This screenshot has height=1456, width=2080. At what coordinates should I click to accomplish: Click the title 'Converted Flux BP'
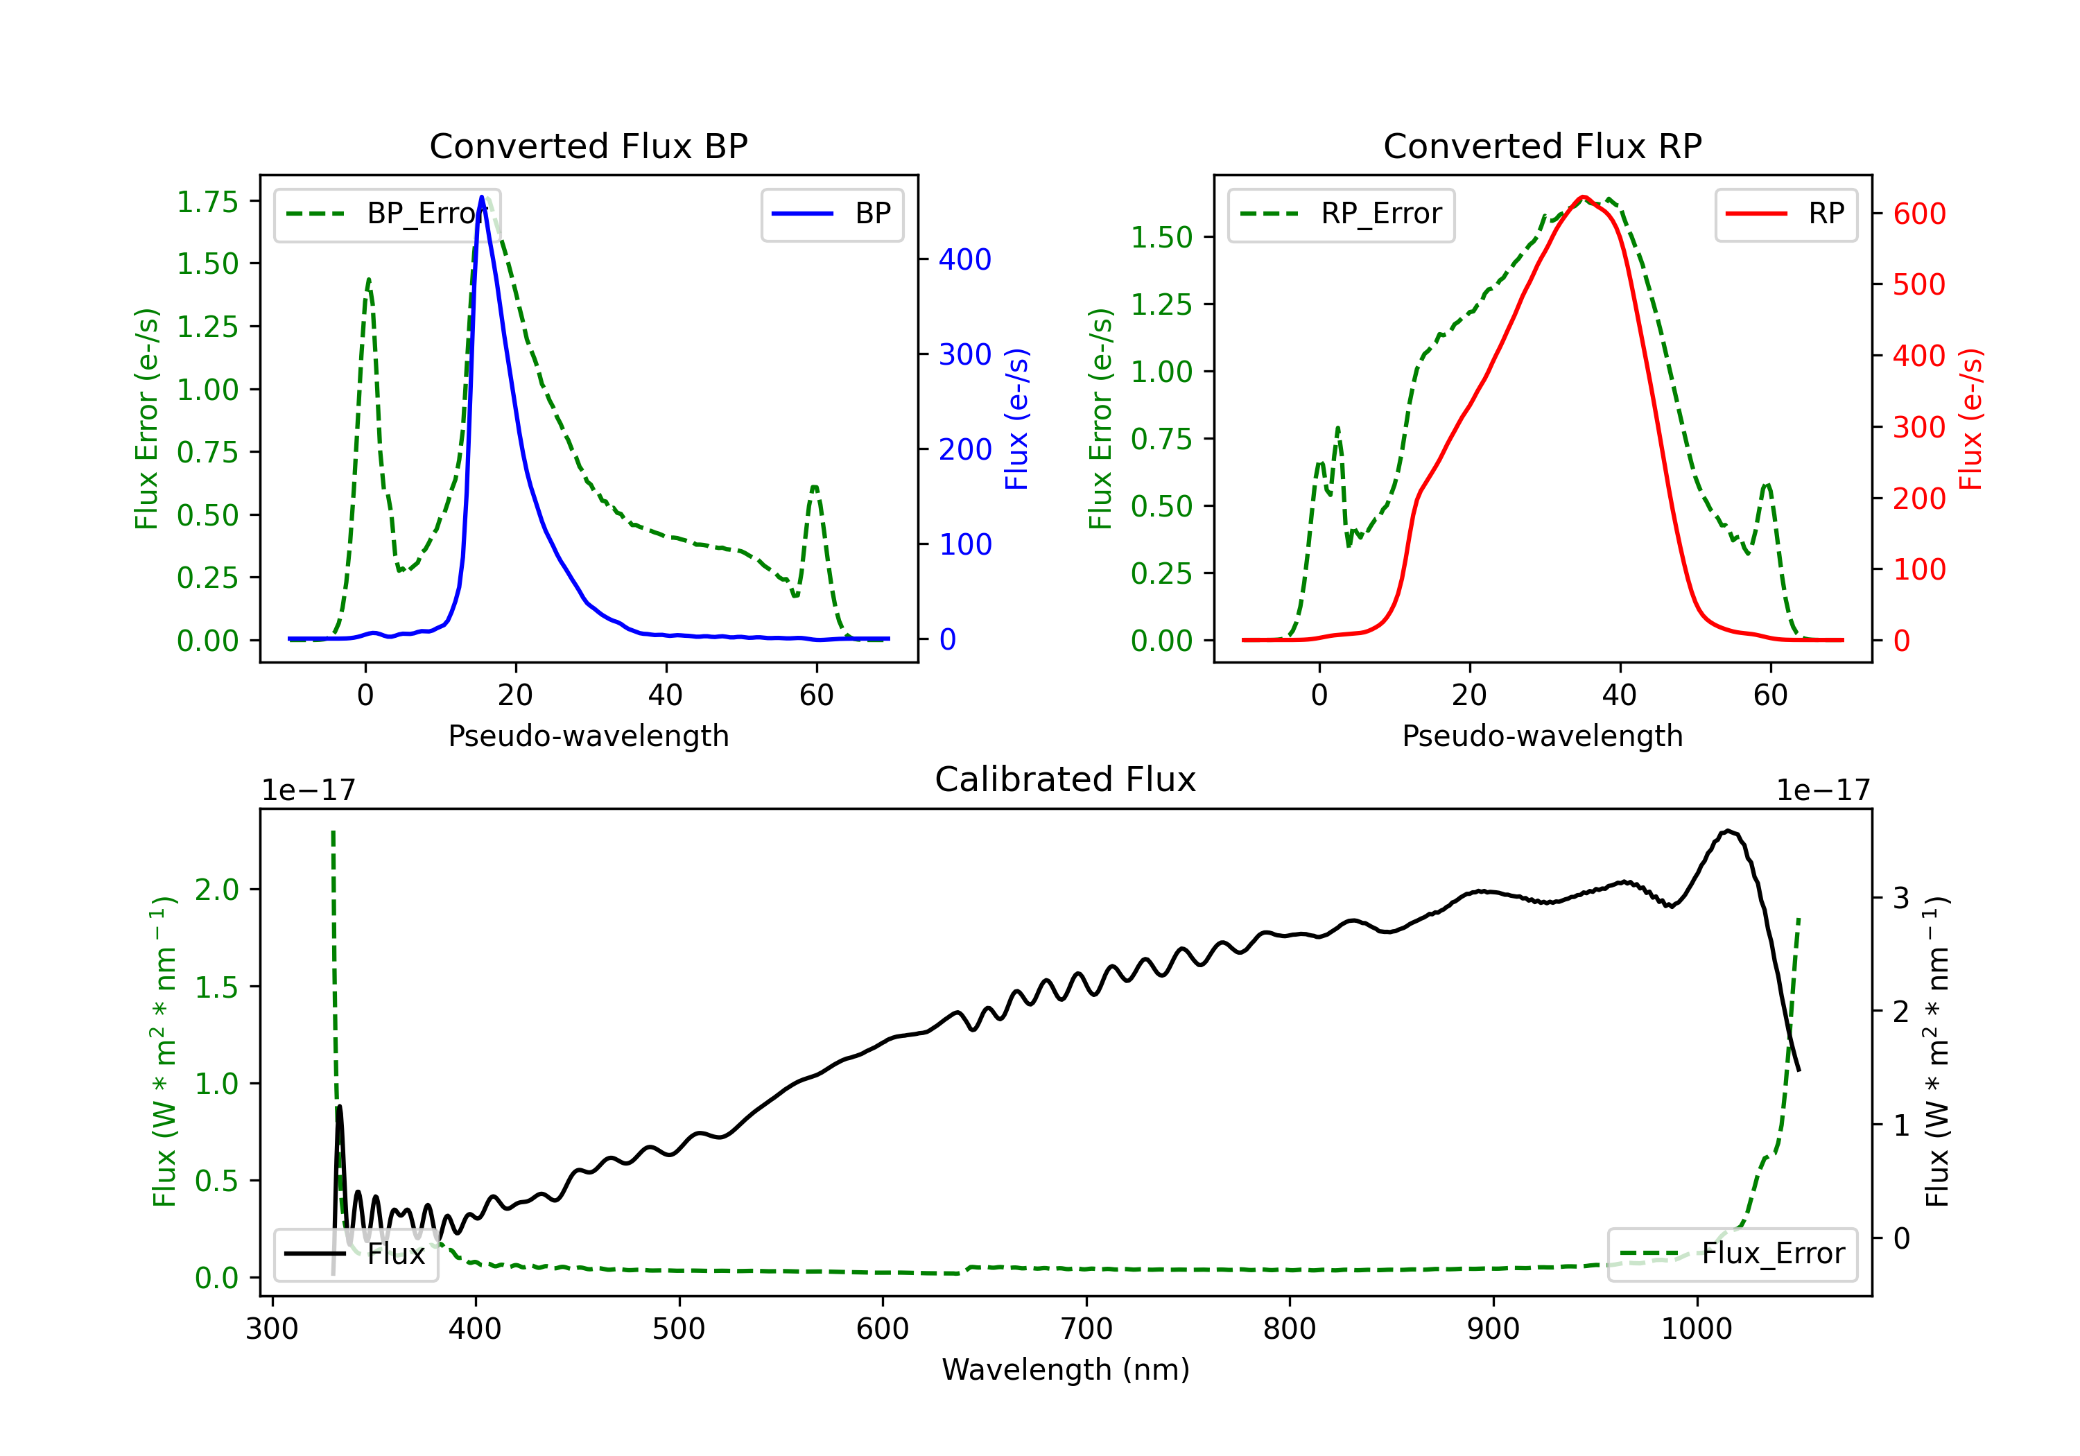[589, 146]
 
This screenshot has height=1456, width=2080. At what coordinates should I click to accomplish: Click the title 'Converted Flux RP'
[1543, 146]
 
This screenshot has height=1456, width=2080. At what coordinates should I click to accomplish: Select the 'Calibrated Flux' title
[1066, 779]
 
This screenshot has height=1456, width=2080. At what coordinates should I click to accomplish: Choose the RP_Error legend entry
[1341, 214]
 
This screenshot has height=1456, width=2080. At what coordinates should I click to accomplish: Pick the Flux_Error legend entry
[1731, 1254]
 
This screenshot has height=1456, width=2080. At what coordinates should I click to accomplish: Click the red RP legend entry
[1785, 214]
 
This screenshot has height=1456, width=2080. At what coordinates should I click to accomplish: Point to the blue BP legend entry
[831, 214]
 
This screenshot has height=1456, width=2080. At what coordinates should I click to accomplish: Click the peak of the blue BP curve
[482, 197]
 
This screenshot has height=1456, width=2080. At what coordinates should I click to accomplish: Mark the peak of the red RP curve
[1583, 197]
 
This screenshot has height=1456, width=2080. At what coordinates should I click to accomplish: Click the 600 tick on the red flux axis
[1918, 214]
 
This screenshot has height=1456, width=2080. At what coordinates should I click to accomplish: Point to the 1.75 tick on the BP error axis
[207, 201]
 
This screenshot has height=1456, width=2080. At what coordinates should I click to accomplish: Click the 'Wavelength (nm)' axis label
[1066, 1370]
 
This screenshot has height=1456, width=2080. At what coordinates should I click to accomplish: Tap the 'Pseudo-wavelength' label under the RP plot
[1543, 736]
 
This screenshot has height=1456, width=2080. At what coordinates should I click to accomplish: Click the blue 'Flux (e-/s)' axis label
[1016, 419]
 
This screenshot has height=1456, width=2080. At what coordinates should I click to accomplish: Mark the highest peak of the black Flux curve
[1729, 830]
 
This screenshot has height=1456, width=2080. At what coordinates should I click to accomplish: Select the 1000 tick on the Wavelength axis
[1697, 1329]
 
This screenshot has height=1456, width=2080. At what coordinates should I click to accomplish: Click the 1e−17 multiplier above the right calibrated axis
[1823, 790]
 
